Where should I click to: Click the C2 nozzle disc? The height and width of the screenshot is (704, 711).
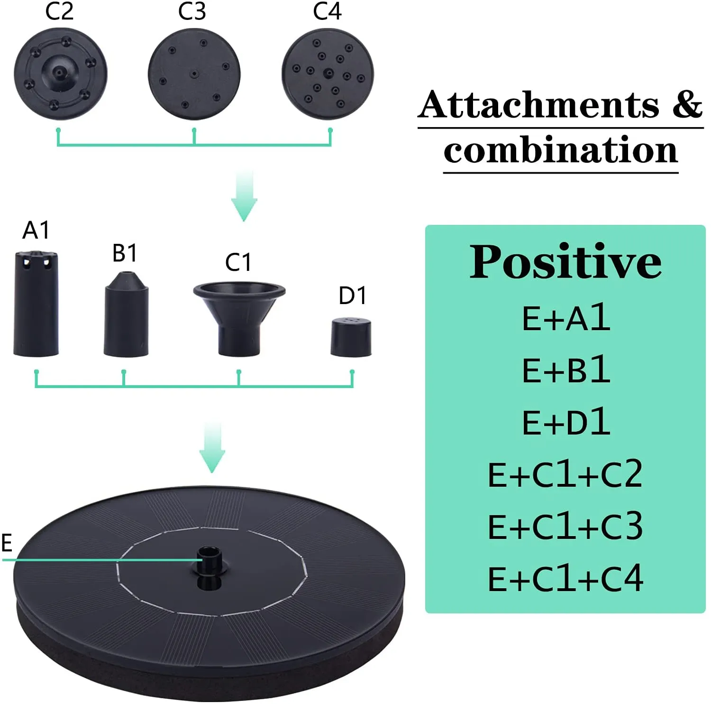[x=60, y=74]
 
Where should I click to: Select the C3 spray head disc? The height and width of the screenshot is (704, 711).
[x=194, y=74]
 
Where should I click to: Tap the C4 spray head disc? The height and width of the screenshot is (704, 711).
[x=328, y=74]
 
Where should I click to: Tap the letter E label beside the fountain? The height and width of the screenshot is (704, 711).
[x=7, y=543]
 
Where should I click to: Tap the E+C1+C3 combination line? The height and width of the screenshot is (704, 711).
[x=565, y=526]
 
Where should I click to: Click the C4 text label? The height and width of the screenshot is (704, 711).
[x=327, y=11]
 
